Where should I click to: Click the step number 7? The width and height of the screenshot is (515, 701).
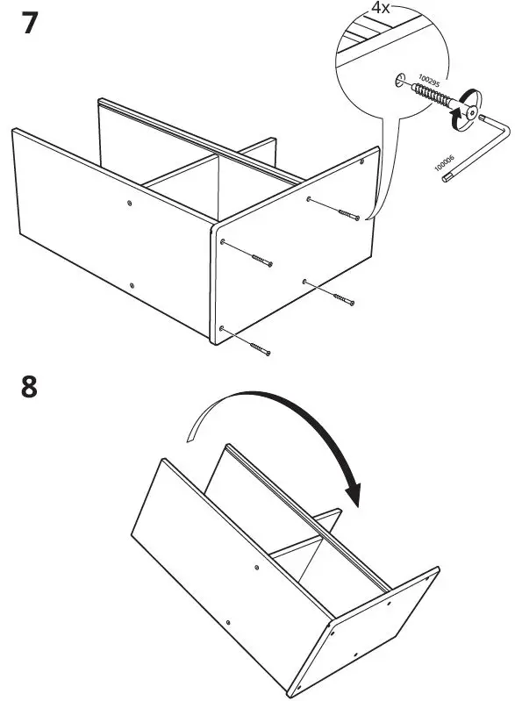30,23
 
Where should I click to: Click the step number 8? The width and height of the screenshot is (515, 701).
30,385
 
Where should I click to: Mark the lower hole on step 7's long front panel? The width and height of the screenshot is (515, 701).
131,284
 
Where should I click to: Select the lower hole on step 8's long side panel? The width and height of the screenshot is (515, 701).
227,622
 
